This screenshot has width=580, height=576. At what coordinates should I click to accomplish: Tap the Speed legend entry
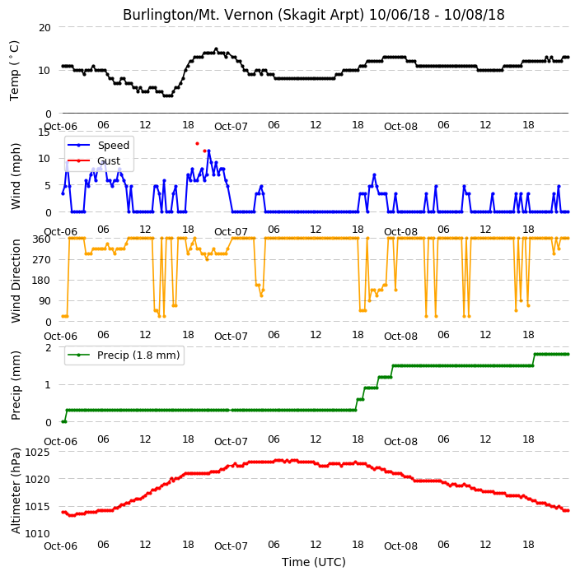tap(98, 145)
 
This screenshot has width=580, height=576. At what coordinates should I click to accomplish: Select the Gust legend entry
tap(94, 160)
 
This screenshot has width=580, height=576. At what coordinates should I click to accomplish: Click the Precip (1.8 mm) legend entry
tap(124, 355)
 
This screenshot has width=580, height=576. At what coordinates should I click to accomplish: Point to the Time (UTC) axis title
tap(314, 562)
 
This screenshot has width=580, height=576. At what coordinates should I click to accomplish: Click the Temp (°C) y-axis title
tap(15, 71)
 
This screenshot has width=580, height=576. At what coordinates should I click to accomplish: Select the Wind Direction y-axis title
tap(16, 281)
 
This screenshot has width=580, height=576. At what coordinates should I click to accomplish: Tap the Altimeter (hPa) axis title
tap(16, 490)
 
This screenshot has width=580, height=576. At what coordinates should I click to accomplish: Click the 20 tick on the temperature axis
tap(44, 28)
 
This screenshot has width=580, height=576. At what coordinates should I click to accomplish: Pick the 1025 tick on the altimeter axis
tap(38, 452)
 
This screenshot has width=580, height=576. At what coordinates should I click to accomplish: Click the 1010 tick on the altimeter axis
tap(38, 533)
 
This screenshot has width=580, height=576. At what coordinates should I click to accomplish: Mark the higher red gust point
tap(197, 143)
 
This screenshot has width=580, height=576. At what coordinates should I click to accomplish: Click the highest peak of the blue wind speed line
tap(209, 151)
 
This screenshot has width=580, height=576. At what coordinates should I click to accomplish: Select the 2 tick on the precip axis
tap(48, 348)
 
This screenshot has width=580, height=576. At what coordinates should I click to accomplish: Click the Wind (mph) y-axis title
tap(16, 176)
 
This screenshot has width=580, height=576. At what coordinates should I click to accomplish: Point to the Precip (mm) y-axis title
tap(16, 385)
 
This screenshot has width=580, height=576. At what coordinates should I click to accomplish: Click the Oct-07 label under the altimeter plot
tap(231, 546)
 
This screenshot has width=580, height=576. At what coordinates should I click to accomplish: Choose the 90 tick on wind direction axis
tap(44, 301)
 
